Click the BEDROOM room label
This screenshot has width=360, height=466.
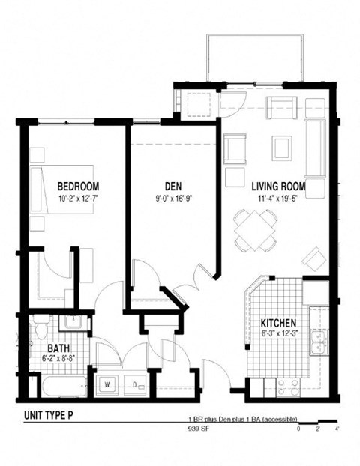(78, 186)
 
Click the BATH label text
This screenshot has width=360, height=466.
(59, 348)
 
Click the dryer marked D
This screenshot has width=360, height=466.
(136, 384)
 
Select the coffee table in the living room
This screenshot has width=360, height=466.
(282, 147)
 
